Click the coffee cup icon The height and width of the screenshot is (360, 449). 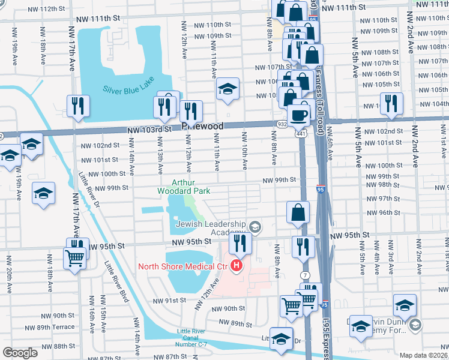pyautogui.click(x=298, y=113)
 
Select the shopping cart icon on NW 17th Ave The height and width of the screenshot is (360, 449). pyautogui.click(x=74, y=259)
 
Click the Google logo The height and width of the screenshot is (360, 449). pyautogui.click(x=20, y=353)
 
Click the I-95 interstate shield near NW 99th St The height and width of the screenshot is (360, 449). pyautogui.click(x=321, y=188)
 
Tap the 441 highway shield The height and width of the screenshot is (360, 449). pyautogui.click(x=300, y=133)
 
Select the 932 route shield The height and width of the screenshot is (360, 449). pyautogui.click(x=282, y=123)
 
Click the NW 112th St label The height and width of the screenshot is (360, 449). pyautogui.click(x=45, y=9)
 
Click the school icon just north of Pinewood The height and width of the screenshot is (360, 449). pyautogui.click(x=228, y=89)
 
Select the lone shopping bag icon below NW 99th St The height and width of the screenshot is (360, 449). pyautogui.click(x=298, y=212)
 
